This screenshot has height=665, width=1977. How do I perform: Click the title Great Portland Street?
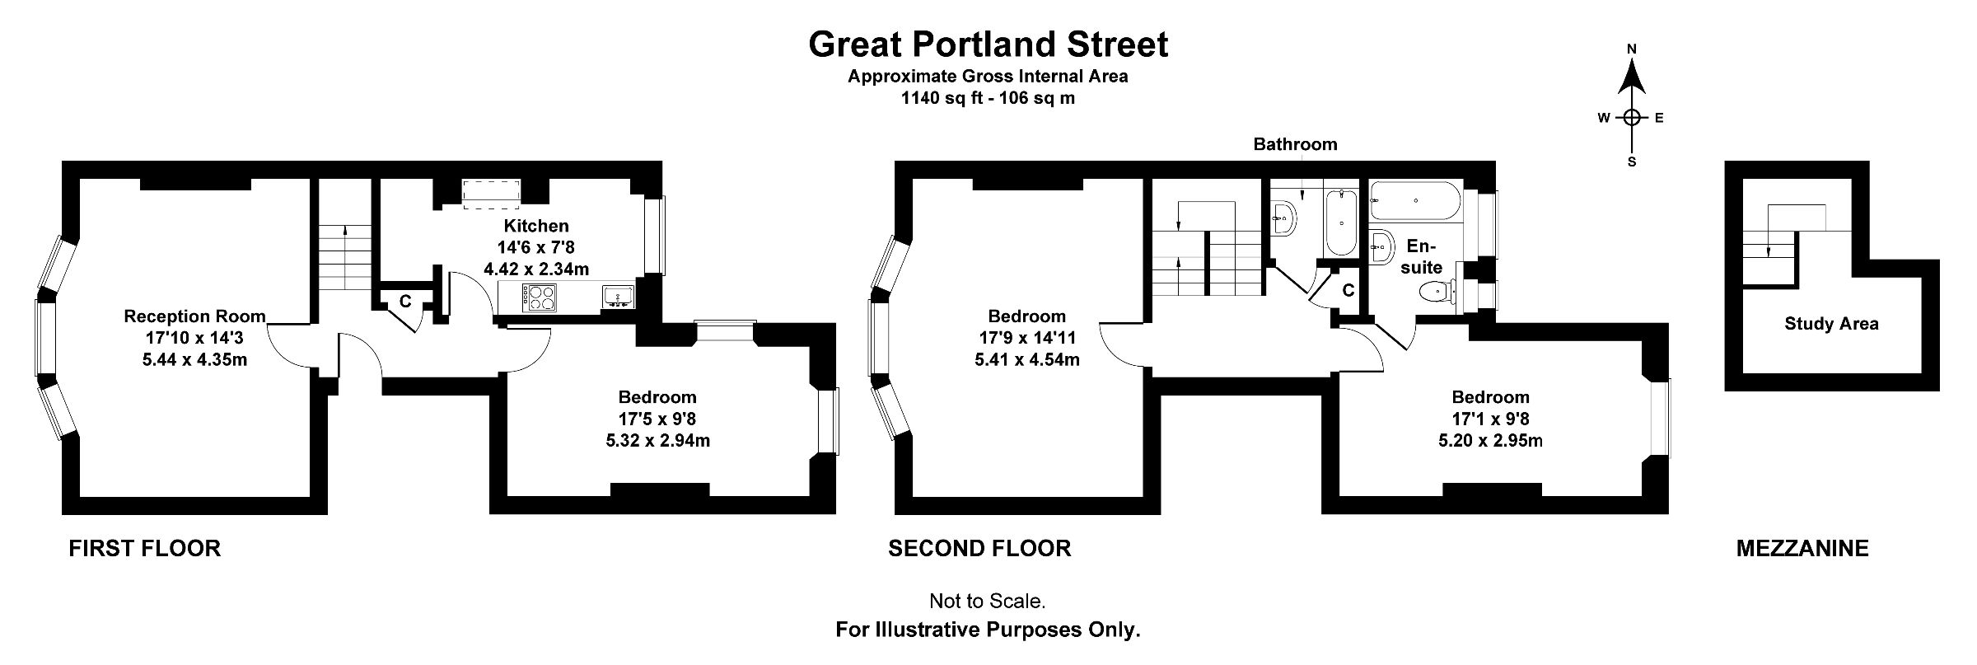(988, 44)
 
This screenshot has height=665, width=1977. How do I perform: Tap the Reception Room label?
(194, 316)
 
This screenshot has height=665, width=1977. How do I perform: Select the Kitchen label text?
(536, 226)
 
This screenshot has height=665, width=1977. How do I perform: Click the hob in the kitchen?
(540, 297)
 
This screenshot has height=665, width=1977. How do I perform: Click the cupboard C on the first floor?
(405, 302)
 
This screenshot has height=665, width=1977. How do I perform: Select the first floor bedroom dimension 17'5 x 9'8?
(657, 419)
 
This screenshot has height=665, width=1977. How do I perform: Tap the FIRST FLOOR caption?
(145, 549)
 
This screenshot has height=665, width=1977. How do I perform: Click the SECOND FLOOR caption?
(979, 549)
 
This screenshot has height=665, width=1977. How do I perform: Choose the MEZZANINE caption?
(1802, 549)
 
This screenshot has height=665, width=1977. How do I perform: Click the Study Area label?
(1831, 324)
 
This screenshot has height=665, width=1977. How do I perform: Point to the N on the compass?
(1631, 49)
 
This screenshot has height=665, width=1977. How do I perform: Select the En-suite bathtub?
(1415, 200)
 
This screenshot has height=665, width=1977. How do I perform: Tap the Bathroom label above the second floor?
(1295, 144)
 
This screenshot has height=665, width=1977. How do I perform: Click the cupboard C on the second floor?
(1348, 290)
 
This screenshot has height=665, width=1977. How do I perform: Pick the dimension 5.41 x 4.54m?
(1027, 359)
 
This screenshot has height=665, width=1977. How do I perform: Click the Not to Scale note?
(987, 602)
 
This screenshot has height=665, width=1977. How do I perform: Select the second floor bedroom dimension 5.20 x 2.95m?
(1490, 440)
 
